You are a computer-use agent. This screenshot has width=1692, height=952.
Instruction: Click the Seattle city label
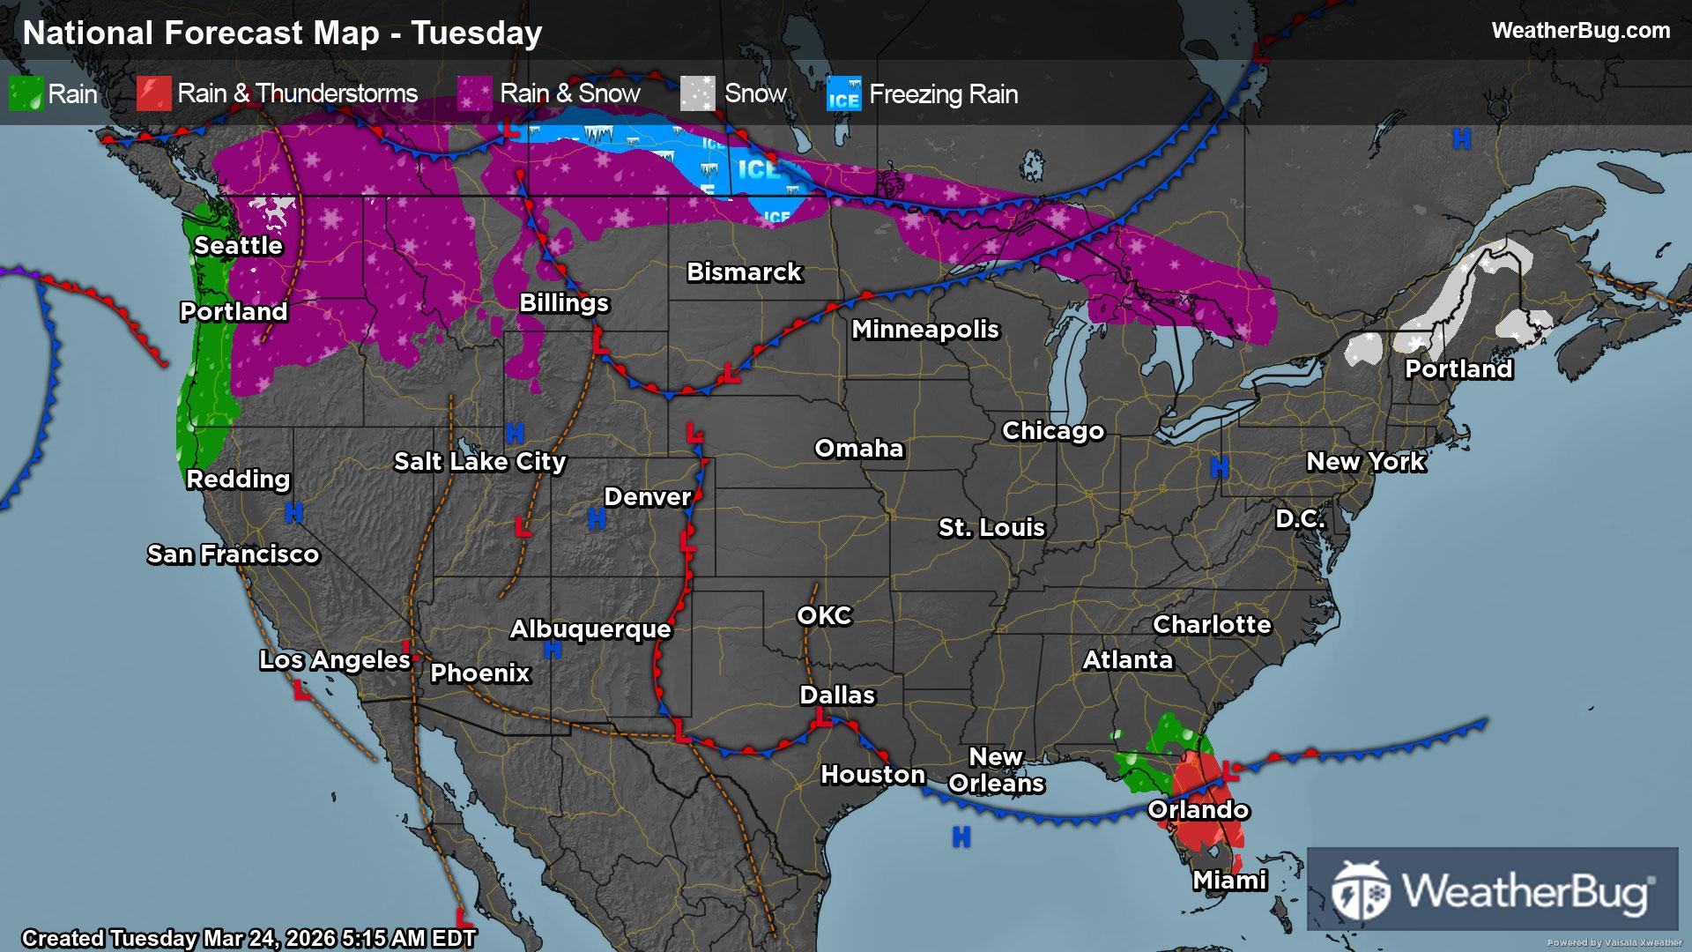click(x=238, y=246)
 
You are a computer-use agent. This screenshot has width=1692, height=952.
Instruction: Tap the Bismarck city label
click(x=744, y=272)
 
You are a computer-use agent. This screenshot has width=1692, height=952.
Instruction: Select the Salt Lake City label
click(x=479, y=462)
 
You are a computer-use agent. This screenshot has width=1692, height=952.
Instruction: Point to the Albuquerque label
click(x=590, y=629)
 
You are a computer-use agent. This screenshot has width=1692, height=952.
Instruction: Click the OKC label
click(x=824, y=616)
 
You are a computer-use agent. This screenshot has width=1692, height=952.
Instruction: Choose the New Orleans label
click(x=996, y=770)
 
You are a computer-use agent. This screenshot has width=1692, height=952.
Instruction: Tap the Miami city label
click(x=1229, y=881)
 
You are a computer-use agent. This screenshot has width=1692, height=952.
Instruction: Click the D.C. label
click(x=1300, y=519)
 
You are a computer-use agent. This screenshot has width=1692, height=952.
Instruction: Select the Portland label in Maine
click(x=1458, y=369)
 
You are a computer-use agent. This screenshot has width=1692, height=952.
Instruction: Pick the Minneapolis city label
click(x=925, y=330)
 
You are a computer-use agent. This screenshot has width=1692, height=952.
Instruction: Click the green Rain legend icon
click(x=26, y=94)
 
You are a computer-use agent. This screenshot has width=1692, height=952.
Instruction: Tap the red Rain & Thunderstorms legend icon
click(x=153, y=94)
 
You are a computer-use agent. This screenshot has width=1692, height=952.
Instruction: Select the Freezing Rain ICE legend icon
click(x=843, y=94)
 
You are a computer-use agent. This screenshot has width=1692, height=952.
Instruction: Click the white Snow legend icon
click(x=698, y=94)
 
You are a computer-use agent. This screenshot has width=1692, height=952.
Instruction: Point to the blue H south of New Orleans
click(x=961, y=837)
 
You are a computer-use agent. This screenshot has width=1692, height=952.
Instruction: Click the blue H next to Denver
click(x=597, y=520)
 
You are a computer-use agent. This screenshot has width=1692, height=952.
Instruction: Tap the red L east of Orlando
click(x=1231, y=771)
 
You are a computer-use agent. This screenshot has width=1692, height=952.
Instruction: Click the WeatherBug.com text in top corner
click(x=1580, y=31)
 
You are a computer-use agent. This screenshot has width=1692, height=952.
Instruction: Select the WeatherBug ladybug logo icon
click(x=1361, y=890)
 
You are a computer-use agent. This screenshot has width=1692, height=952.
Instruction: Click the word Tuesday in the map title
click(x=477, y=33)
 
